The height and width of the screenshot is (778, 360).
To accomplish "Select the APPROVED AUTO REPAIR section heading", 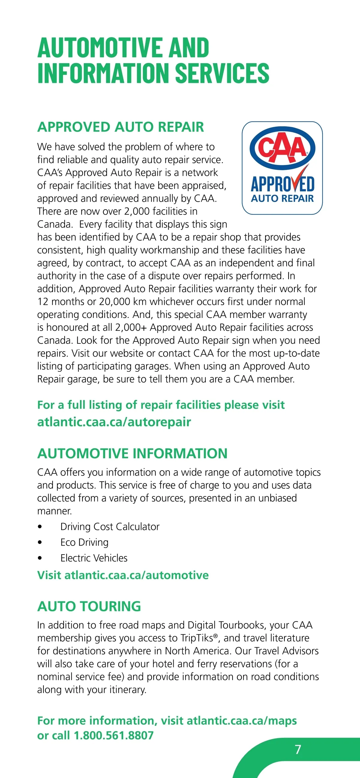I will coord(121,127).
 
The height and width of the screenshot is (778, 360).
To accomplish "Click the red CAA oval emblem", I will coord(282,148).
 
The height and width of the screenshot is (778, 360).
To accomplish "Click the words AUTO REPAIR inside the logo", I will coord(282,199).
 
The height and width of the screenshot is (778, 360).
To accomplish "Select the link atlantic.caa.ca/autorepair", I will coord(114,422).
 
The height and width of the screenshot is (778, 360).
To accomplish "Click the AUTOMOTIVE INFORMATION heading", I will coord(132,453).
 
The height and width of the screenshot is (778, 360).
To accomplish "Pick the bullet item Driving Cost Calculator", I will coord(109,527).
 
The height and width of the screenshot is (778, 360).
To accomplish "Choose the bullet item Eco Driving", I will coord(84,543).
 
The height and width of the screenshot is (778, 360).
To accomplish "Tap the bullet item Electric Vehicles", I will coord(94,558).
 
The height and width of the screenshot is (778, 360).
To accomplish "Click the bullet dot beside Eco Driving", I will coord(40,543).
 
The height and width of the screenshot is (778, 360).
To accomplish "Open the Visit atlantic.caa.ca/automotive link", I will coord(123,575).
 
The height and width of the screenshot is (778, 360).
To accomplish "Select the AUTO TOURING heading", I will coord(89,606).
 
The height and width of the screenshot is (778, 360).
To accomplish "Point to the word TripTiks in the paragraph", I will coord(197,638).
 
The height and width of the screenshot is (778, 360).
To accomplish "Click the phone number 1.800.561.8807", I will coord(114,735).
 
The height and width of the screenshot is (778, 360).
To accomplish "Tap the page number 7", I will coord(298,749).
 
